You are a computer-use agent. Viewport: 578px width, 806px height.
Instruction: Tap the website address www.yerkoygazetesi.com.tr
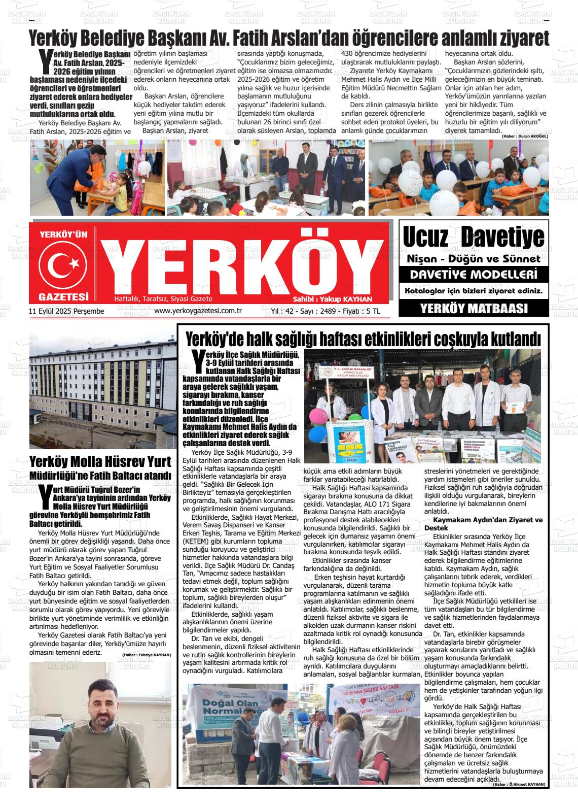(197, 311)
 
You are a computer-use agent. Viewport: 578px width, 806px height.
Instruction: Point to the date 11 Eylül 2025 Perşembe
(66, 311)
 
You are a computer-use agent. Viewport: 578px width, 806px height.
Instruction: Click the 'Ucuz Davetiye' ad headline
(473, 237)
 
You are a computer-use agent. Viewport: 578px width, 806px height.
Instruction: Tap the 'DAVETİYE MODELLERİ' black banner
(474, 275)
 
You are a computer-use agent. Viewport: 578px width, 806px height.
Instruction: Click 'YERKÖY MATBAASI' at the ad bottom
(474, 308)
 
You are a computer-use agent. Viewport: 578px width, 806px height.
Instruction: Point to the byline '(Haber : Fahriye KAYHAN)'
(146, 655)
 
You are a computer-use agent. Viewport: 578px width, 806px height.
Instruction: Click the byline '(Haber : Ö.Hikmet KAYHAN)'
(519, 784)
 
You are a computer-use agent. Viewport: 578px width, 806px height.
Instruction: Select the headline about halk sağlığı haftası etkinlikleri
(363, 339)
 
